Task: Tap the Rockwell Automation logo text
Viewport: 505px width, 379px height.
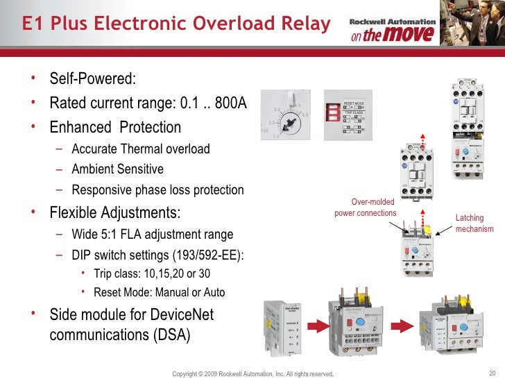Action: (393, 22)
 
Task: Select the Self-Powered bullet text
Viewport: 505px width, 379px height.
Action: (92, 78)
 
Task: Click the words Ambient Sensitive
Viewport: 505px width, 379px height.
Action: (117, 169)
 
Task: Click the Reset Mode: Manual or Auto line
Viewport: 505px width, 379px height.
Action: (159, 292)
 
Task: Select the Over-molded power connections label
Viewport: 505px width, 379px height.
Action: (365, 208)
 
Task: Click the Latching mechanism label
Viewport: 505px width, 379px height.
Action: (474, 224)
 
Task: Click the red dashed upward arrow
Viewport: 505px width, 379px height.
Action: (422, 141)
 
